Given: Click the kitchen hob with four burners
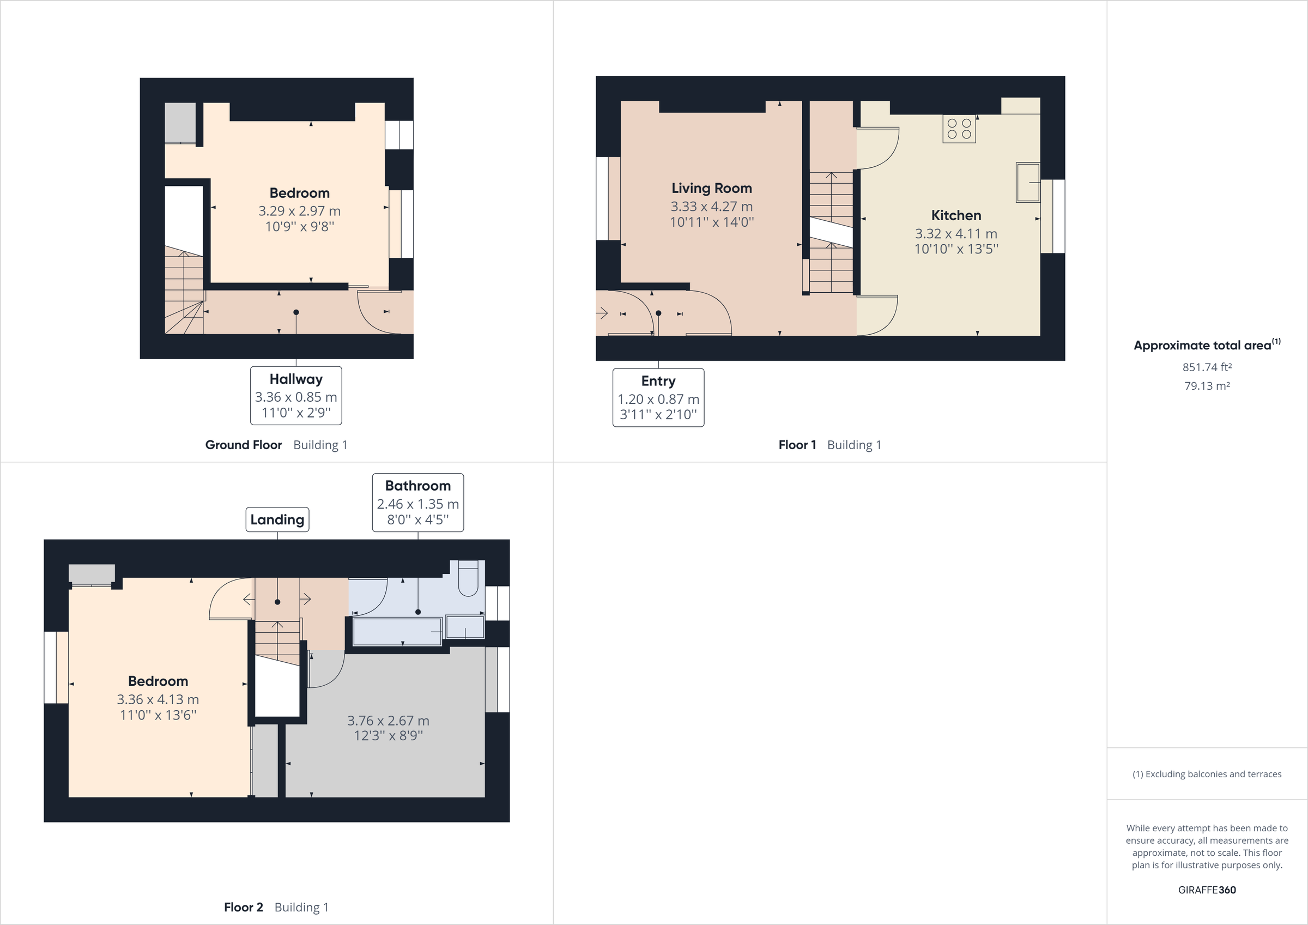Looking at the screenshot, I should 959,129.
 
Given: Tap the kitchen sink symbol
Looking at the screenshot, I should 1028,183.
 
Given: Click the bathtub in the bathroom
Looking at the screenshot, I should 397,632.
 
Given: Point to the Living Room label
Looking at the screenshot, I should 712,188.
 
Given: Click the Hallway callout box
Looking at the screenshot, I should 296,396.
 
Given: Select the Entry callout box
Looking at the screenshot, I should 658,397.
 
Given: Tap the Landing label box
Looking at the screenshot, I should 277,519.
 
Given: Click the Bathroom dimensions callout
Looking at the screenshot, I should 417,503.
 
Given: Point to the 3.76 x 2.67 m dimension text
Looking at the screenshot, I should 388,721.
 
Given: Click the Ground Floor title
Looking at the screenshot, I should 243,445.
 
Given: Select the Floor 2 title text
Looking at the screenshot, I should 243,907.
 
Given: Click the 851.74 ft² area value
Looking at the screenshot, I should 1207,367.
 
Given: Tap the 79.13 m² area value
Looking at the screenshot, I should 1207,386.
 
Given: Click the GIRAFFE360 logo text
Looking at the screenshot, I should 1207,890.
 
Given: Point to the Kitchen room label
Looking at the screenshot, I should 956,215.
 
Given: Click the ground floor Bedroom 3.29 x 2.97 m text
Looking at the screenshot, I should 299,211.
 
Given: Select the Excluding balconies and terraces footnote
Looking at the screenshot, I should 1207,774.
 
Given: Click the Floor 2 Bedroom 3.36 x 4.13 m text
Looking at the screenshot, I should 158,699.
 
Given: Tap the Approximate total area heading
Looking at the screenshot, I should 1206,345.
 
